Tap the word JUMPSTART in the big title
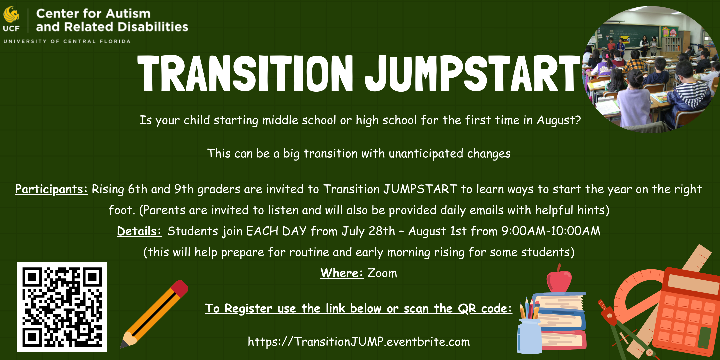(x=473, y=73)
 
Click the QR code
(x=62, y=307)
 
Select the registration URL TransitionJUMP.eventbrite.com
(x=359, y=342)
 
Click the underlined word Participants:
(x=52, y=189)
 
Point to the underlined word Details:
(x=139, y=231)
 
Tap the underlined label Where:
(x=342, y=273)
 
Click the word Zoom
(x=382, y=273)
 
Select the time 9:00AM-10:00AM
(x=551, y=231)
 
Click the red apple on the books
(x=559, y=279)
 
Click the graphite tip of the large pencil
(x=124, y=344)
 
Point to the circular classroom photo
(x=651, y=69)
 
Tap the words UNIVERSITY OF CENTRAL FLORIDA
(x=67, y=41)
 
